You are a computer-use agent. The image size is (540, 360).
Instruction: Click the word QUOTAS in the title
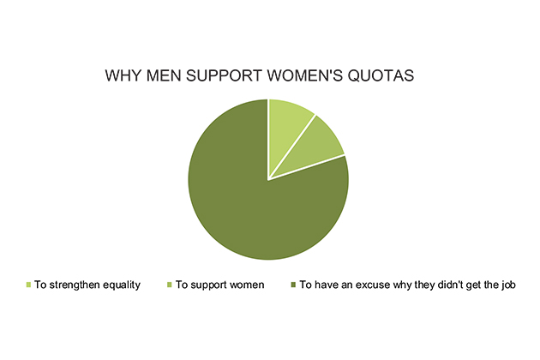381,75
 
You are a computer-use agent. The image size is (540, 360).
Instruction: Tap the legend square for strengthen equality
28,285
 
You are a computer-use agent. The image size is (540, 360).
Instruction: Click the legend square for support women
169,285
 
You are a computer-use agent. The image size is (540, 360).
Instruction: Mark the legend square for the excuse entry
293,285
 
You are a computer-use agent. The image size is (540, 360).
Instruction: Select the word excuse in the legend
373,285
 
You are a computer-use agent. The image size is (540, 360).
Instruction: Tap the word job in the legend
508,285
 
